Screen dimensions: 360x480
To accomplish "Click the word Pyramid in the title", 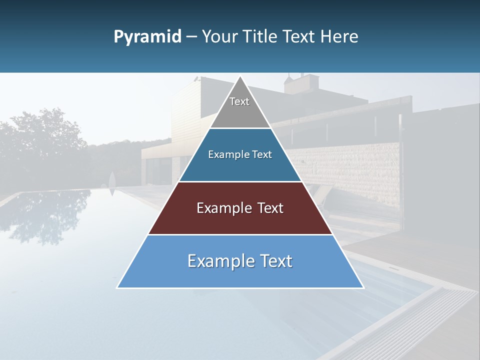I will click(x=147, y=37).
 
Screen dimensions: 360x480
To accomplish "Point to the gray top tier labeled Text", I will click(x=240, y=107).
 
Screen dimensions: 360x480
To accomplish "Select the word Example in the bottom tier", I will click(x=220, y=261).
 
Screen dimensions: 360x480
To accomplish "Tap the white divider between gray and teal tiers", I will click(x=240, y=128).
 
